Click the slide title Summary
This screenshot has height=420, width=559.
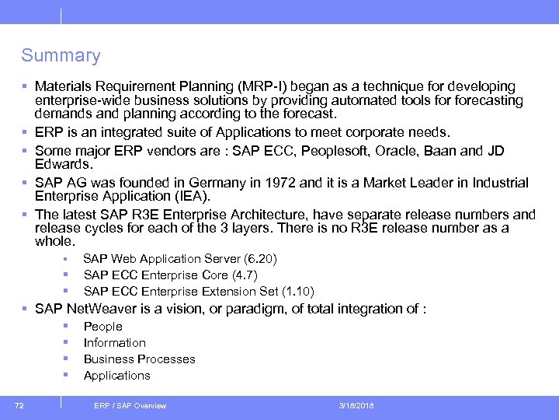61,56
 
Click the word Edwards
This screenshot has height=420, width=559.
63,165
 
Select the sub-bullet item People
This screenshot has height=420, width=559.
102,327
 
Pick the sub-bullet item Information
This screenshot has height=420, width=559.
114,343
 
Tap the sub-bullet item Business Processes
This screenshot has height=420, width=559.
139,359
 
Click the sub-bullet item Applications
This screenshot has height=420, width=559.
116,376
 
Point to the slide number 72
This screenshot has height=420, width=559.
19,405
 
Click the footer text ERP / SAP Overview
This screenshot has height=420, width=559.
130,406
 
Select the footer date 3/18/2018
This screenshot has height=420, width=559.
356,406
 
